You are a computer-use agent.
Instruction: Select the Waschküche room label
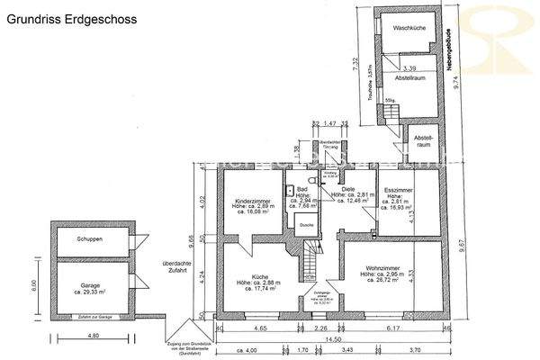(x=408, y=29)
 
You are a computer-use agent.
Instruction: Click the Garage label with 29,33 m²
(x=87, y=287)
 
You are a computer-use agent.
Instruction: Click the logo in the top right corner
(x=498, y=36)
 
